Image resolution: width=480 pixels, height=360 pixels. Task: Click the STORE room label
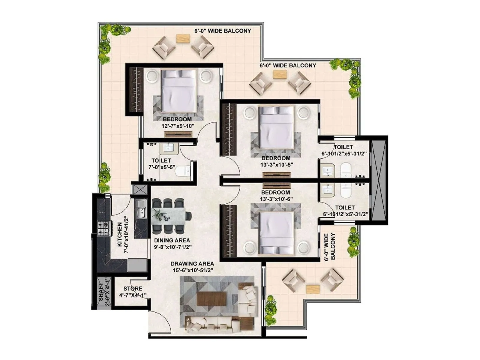tap(133, 289)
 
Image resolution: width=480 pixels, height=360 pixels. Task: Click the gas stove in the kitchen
tap(103, 228)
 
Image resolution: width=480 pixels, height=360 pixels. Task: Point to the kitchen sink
tap(140, 208)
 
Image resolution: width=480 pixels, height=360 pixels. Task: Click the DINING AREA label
tap(172, 240)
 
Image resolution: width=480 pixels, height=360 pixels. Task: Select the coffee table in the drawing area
tap(211, 299)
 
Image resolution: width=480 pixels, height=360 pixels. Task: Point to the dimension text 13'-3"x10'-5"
tap(276, 164)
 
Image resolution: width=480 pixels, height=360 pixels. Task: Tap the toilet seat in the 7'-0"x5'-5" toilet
tap(182, 172)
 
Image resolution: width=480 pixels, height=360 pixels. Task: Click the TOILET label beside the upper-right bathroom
tap(343, 147)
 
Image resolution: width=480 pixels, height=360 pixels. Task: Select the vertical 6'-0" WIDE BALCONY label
tap(330, 246)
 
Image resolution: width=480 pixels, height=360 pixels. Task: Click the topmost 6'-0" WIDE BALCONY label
tap(223, 31)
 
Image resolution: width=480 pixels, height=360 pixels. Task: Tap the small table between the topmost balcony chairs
tap(183, 39)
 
